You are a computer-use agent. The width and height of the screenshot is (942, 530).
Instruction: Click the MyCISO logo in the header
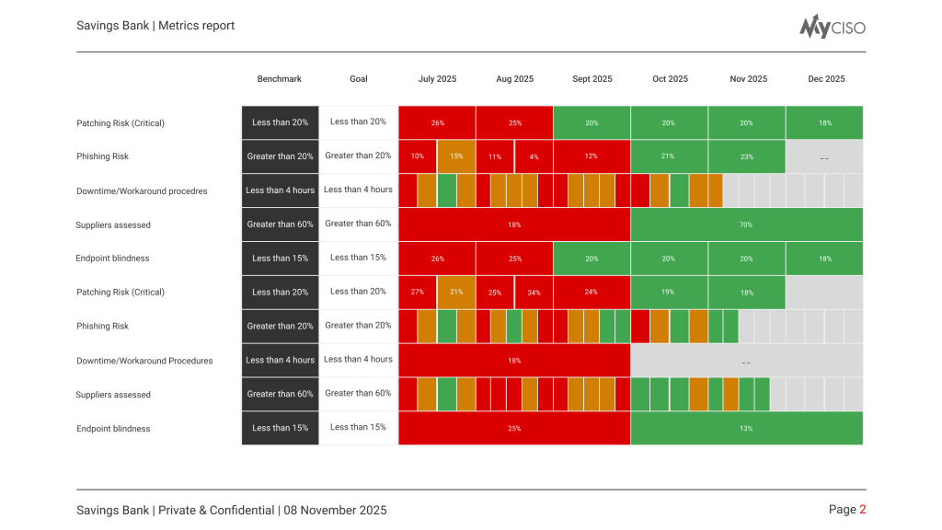[x=832, y=27]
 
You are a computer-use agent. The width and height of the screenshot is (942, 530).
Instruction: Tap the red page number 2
[x=863, y=510]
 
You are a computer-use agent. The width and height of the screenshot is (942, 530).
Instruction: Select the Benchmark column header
[x=280, y=79]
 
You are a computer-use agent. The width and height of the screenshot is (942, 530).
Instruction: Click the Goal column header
[x=359, y=79]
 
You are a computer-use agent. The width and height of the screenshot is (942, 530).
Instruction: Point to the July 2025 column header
[x=437, y=79]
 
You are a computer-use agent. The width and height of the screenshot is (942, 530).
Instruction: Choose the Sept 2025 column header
[x=592, y=79]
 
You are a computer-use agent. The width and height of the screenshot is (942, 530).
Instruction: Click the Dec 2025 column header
[x=826, y=79]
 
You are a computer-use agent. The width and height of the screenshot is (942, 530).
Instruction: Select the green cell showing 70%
[x=746, y=225]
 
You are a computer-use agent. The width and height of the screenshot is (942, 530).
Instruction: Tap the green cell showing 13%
[x=746, y=429]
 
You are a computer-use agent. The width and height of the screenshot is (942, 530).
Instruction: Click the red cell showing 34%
[x=534, y=293]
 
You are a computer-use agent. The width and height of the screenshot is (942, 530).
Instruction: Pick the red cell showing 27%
[x=418, y=293]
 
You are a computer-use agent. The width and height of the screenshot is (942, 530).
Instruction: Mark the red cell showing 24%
[x=592, y=293]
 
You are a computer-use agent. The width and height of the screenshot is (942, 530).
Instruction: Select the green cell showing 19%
[x=669, y=293]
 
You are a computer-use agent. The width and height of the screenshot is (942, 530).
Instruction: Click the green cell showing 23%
[x=747, y=156]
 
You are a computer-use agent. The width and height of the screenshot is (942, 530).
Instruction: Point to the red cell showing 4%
[x=534, y=156]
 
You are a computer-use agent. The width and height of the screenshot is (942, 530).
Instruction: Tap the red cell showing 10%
[x=418, y=156]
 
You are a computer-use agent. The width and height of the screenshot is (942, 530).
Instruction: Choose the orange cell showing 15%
[x=456, y=156]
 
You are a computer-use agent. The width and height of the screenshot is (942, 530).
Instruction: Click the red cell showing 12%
[x=592, y=156]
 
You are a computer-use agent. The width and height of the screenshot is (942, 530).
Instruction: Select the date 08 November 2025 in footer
[x=335, y=510]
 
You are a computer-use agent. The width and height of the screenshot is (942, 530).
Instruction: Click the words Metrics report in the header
[x=196, y=26]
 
